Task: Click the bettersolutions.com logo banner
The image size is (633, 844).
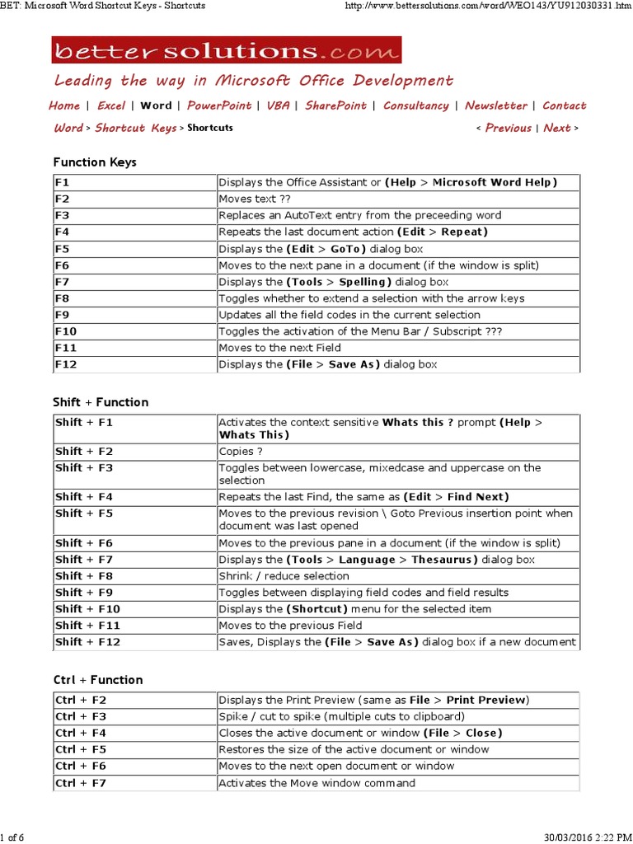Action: click(x=226, y=50)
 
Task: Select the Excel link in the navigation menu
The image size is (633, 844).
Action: click(x=111, y=105)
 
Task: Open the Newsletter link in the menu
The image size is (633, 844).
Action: click(x=495, y=105)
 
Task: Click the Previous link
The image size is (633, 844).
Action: click(x=508, y=128)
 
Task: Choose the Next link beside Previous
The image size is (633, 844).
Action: click(x=557, y=128)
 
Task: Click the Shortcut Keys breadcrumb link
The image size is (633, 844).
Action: click(x=135, y=128)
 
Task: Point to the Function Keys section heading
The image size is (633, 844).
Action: click(x=95, y=162)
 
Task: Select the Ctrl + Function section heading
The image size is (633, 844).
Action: click(x=98, y=680)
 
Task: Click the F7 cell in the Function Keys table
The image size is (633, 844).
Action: click(x=63, y=282)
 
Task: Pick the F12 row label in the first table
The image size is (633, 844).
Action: click(x=66, y=364)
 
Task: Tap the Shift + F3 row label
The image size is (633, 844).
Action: click(x=83, y=468)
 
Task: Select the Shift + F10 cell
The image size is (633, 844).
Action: click(x=87, y=609)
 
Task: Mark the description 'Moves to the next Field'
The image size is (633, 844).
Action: click(x=279, y=348)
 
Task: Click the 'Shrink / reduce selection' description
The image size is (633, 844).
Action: click(x=284, y=576)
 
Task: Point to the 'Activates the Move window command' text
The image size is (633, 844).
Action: click(x=316, y=782)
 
